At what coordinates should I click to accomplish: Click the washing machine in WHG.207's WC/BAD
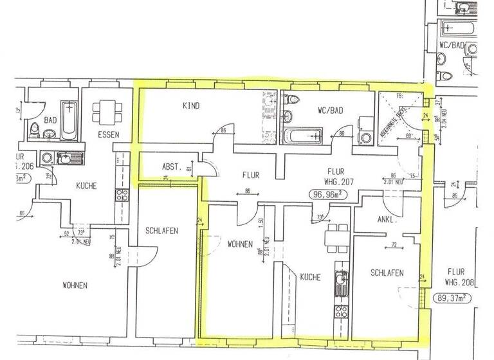point(366,136)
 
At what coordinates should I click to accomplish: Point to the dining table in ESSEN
point(105,112)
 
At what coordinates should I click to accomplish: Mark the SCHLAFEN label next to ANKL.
point(387,273)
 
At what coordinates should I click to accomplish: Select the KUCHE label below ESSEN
point(86,186)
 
